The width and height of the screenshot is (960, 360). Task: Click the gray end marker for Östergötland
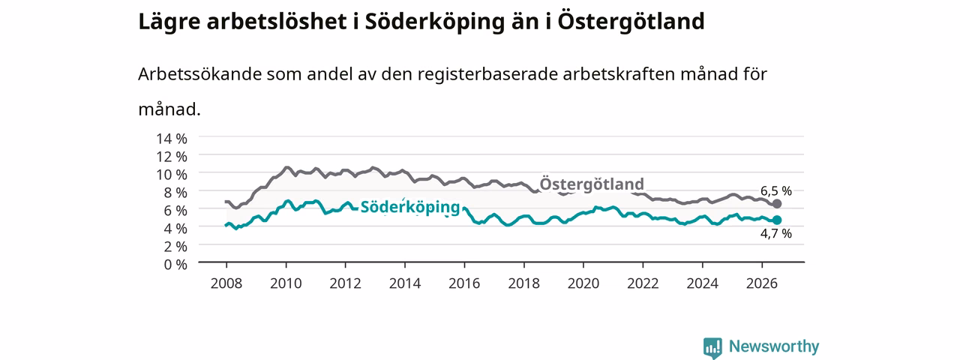[x=776, y=203]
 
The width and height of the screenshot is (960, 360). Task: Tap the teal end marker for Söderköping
[x=776, y=220]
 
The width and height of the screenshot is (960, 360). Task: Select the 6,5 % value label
[x=776, y=190]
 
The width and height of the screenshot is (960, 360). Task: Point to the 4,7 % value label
[x=776, y=233]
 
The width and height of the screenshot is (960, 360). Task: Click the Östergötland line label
[x=592, y=184]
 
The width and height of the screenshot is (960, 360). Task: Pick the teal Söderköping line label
[x=410, y=207]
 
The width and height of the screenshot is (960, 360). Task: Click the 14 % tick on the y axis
[x=172, y=139]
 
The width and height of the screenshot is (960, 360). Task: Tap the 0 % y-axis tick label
[x=175, y=265]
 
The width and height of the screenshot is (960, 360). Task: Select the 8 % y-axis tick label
[x=175, y=193]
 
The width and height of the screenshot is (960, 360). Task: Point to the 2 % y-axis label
[x=175, y=247]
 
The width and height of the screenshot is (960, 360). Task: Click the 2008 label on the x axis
[x=226, y=283]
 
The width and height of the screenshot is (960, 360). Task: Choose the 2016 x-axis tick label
[x=464, y=283]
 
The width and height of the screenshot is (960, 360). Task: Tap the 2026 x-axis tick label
[x=762, y=283]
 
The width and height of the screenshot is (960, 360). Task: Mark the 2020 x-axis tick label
[x=583, y=283]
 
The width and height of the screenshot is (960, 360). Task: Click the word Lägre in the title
[x=169, y=22]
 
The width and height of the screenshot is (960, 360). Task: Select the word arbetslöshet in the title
[x=277, y=22]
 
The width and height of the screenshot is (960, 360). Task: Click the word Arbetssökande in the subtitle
[x=199, y=74]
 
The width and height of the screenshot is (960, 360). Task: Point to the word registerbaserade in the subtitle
[x=487, y=75]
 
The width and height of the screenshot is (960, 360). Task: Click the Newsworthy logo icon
[x=712, y=347]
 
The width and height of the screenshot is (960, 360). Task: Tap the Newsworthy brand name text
[x=774, y=346]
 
